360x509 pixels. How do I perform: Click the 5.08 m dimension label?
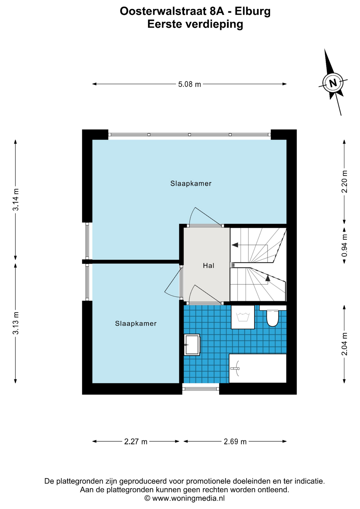point(189,84)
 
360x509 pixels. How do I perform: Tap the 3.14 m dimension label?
point(16,200)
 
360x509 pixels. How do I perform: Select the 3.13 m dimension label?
point(16,323)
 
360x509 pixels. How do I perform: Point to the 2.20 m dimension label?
point(344,182)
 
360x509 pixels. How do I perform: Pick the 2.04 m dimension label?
point(344,344)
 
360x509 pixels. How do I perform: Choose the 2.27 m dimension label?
point(136,442)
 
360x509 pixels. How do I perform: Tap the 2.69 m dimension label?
point(235,442)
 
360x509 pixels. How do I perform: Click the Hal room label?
point(209,265)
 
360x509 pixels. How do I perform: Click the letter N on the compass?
point(333,83)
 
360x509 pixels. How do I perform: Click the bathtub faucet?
point(235,368)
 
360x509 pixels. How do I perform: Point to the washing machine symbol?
point(243,317)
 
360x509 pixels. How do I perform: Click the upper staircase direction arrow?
point(235,245)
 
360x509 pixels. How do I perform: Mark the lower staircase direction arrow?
point(268,278)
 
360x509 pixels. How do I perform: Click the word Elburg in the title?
point(253,11)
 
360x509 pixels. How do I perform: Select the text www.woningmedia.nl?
point(188,498)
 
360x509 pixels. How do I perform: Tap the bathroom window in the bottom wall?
point(201,389)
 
